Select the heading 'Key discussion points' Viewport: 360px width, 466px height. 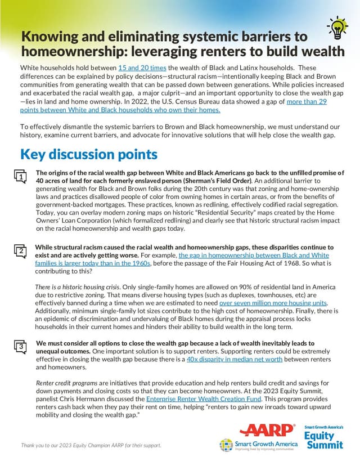click(89, 154)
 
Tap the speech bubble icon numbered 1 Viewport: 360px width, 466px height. click(20, 177)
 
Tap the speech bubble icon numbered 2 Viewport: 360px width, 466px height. click(20, 251)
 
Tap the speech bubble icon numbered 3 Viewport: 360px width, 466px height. click(20, 347)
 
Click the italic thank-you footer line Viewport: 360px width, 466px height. click(91, 446)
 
